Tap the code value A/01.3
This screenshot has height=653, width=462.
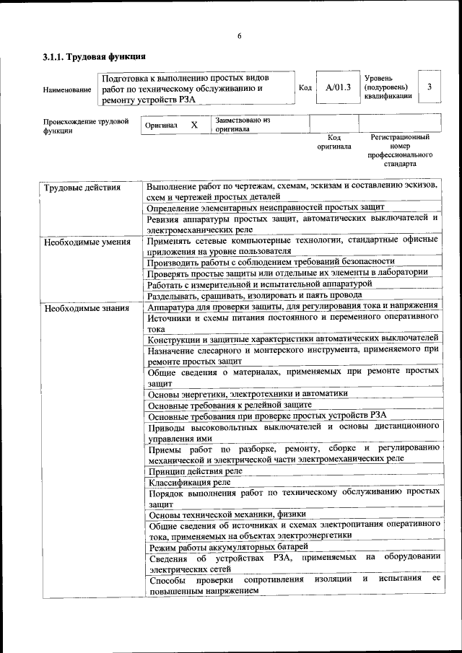pyautogui.click(x=338, y=87)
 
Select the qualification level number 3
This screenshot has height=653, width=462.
pyautogui.click(x=430, y=87)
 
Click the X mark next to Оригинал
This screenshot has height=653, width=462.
pyautogui.click(x=194, y=125)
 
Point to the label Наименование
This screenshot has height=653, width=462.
pyautogui.click(x=67, y=90)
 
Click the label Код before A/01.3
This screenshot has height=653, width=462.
pyautogui.click(x=305, y=87)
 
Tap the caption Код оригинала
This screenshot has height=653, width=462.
pyautogui.click(x=334, y=141)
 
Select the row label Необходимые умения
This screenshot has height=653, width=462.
pyautogui.click(x=87, y=242)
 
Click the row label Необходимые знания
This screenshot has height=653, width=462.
pyautogui.click(x=87, y=309)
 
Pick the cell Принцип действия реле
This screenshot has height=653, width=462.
pyautogui.click(x=195, y=471)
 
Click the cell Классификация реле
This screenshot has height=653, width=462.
pyautogui.click(x=190, y=482)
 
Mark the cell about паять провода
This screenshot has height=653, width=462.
pyautogui.click(x=255, y=296)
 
